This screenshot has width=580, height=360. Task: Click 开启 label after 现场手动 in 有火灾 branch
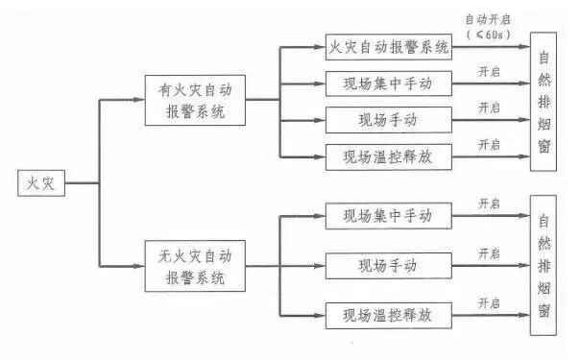pos(490,108)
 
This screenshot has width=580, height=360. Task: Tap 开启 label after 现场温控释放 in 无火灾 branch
pos(490,302)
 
